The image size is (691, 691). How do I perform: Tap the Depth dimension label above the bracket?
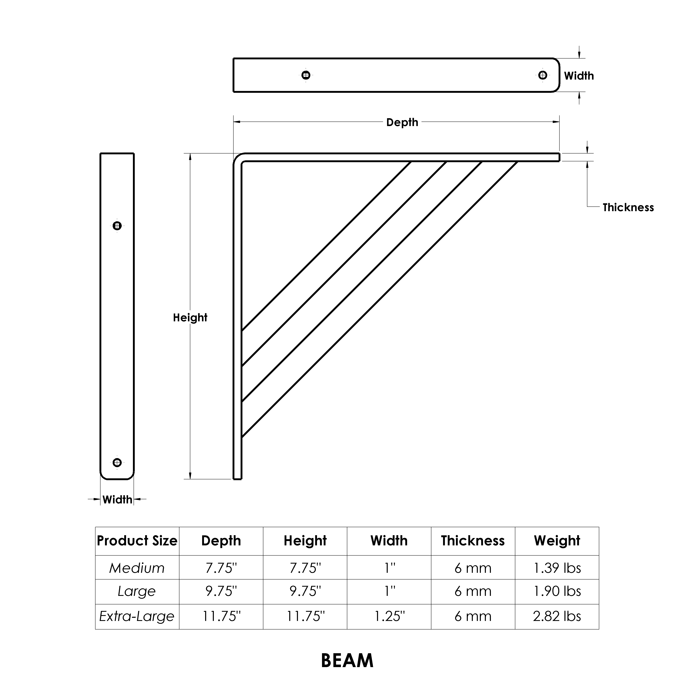click(402, 122)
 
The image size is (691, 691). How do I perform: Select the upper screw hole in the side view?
click(117, 226)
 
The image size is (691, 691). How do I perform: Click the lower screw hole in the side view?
click(117, 462)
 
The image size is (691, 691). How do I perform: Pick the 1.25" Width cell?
click(389, 616)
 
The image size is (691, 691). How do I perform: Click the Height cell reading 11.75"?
click(305, 616)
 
